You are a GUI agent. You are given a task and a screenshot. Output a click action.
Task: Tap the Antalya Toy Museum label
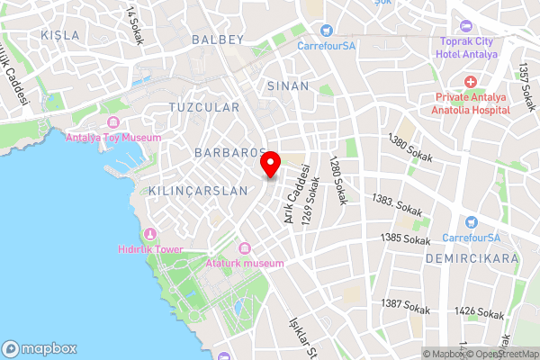click(x=113, y=138)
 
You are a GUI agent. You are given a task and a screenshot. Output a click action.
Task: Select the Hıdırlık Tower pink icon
click(x=150, y=235)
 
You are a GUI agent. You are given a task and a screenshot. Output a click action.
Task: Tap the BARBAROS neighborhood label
click(x=228, y=153)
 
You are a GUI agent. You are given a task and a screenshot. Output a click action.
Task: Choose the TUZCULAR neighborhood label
click(x=204, y=107)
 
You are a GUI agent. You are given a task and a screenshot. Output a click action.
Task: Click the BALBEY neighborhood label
click(x=218, y=40)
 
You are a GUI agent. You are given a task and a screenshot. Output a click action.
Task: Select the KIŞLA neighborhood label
click(x=60, y=35)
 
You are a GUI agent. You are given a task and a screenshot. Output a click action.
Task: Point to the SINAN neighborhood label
click(x=288, y=86)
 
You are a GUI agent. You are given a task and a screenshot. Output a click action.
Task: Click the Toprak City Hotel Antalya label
click(x=468, y=47)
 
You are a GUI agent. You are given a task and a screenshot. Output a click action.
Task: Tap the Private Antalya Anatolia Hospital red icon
click(x=471, y=82)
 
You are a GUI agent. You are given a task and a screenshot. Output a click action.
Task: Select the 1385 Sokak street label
click(x=405, y=238)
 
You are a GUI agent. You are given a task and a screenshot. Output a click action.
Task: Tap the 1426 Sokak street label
click(x=479, y=313)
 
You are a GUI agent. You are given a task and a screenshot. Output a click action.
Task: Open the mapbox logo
click(x=40, y=348)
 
